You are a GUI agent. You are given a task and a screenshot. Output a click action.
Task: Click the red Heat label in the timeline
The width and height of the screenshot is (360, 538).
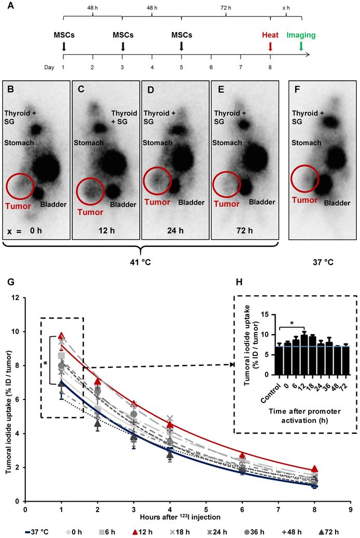click(270, 35)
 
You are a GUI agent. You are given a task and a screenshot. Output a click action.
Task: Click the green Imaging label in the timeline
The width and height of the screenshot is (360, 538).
click(301, 35)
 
